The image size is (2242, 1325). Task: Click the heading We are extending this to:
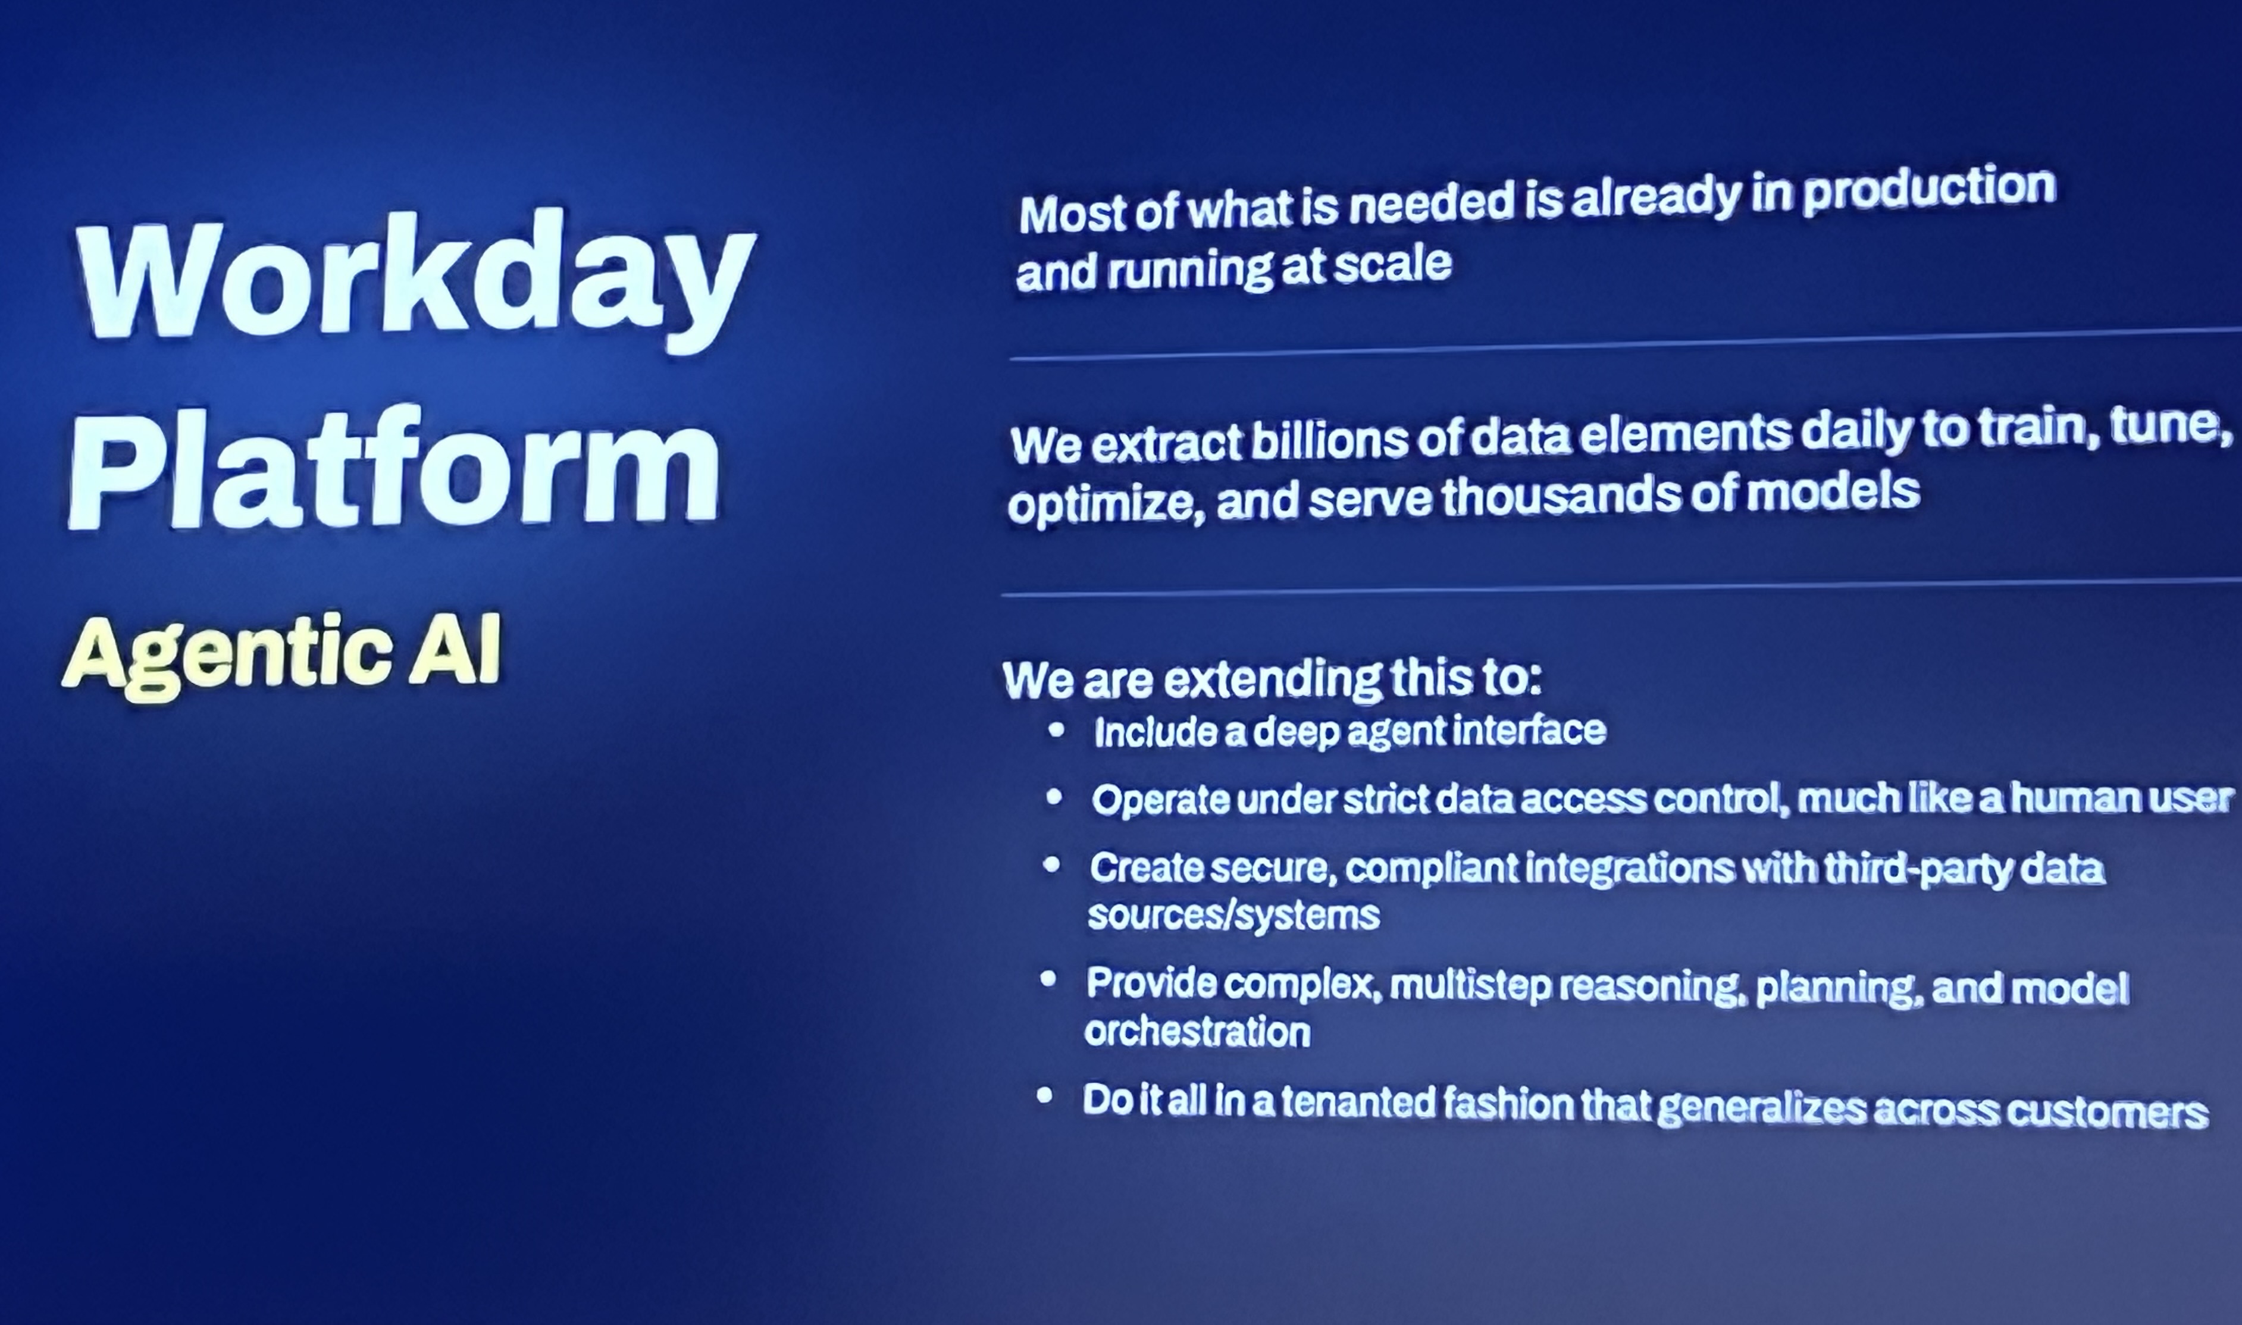pyautogui.click(x=1272, y=679)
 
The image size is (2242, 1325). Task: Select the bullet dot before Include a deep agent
pyautogui.click(x=1056, y=731)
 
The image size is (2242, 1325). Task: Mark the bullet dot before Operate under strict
pyautogui.click(x=1054, y=797)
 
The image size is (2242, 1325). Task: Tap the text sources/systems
pyautogui.click(x=1233, y=915)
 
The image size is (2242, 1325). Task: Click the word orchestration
pyautogui.click(x=1197, y=1032)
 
